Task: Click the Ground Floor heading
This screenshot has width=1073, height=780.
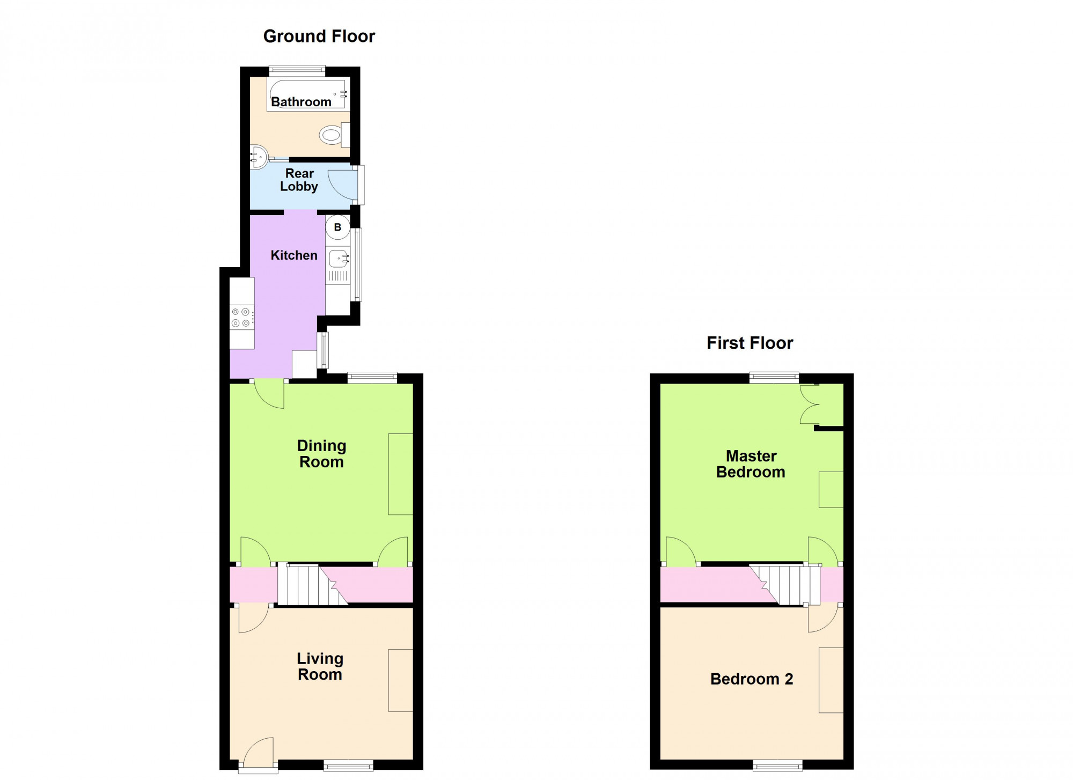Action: [x=319, y=36]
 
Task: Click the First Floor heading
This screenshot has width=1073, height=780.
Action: [x=749, y=343]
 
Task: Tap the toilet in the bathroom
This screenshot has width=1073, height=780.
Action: [x=335, y=134]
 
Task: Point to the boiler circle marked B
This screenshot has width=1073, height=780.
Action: [x=337, y=227]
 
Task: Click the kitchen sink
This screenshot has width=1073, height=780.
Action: [x=339, y=260]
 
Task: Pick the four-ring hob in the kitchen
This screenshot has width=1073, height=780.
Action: [x=242, y=317]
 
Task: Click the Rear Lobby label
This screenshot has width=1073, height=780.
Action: [x=299, y=180]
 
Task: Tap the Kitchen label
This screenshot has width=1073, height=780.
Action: [x=294, y=255]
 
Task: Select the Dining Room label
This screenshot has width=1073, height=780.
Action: [x=321, y=454]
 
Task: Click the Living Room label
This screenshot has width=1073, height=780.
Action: [x=320, y=666]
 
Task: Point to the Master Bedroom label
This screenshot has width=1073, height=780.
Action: [x=751, y=464]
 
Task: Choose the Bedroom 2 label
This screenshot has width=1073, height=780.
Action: [x=752, y=679]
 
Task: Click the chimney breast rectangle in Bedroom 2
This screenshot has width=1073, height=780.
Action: [x=831, y=680]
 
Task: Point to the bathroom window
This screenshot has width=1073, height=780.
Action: [x=297, y=70]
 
